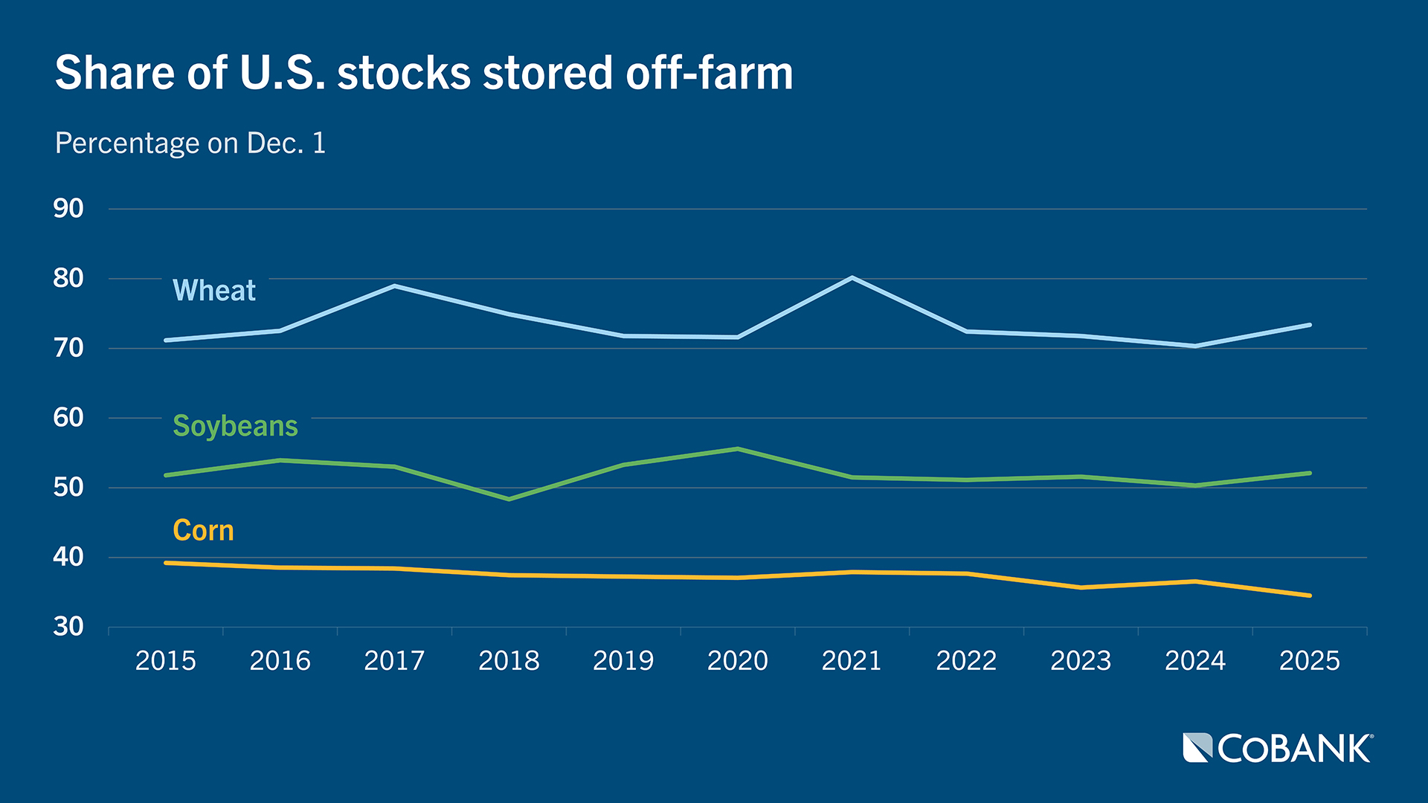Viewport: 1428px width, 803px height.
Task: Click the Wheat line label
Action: (214, 290)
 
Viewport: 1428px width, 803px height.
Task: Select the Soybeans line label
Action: (235, 426)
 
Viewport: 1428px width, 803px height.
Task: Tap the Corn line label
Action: (203, 531)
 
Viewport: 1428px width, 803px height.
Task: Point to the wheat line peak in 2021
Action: (852, 278)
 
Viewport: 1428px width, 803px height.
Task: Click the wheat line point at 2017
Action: (394, 286)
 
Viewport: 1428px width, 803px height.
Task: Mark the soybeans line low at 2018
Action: (509, 499)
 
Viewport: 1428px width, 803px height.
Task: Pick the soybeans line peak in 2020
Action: (738, 449)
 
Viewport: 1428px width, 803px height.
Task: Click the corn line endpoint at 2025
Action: (1309, 596)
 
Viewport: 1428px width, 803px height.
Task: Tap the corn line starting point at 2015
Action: (166, 563)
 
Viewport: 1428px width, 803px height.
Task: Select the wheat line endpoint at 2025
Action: (1309, 325)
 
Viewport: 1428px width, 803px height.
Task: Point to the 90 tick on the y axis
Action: (68, 209)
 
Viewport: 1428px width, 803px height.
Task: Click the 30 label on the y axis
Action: (68, 627)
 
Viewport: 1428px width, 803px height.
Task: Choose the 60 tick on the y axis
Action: (68, 418)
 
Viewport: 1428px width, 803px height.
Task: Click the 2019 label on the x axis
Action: (623, 660)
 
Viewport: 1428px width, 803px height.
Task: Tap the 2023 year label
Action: (1081, 660)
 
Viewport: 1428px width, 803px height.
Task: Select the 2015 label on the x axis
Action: (166, 660)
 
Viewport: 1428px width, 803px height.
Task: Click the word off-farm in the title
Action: (709, 74)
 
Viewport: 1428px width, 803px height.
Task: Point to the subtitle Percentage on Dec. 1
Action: (190, 143)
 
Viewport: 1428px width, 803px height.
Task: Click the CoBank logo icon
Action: (1197, 748)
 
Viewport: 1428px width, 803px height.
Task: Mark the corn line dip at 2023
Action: (1081, 587)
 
